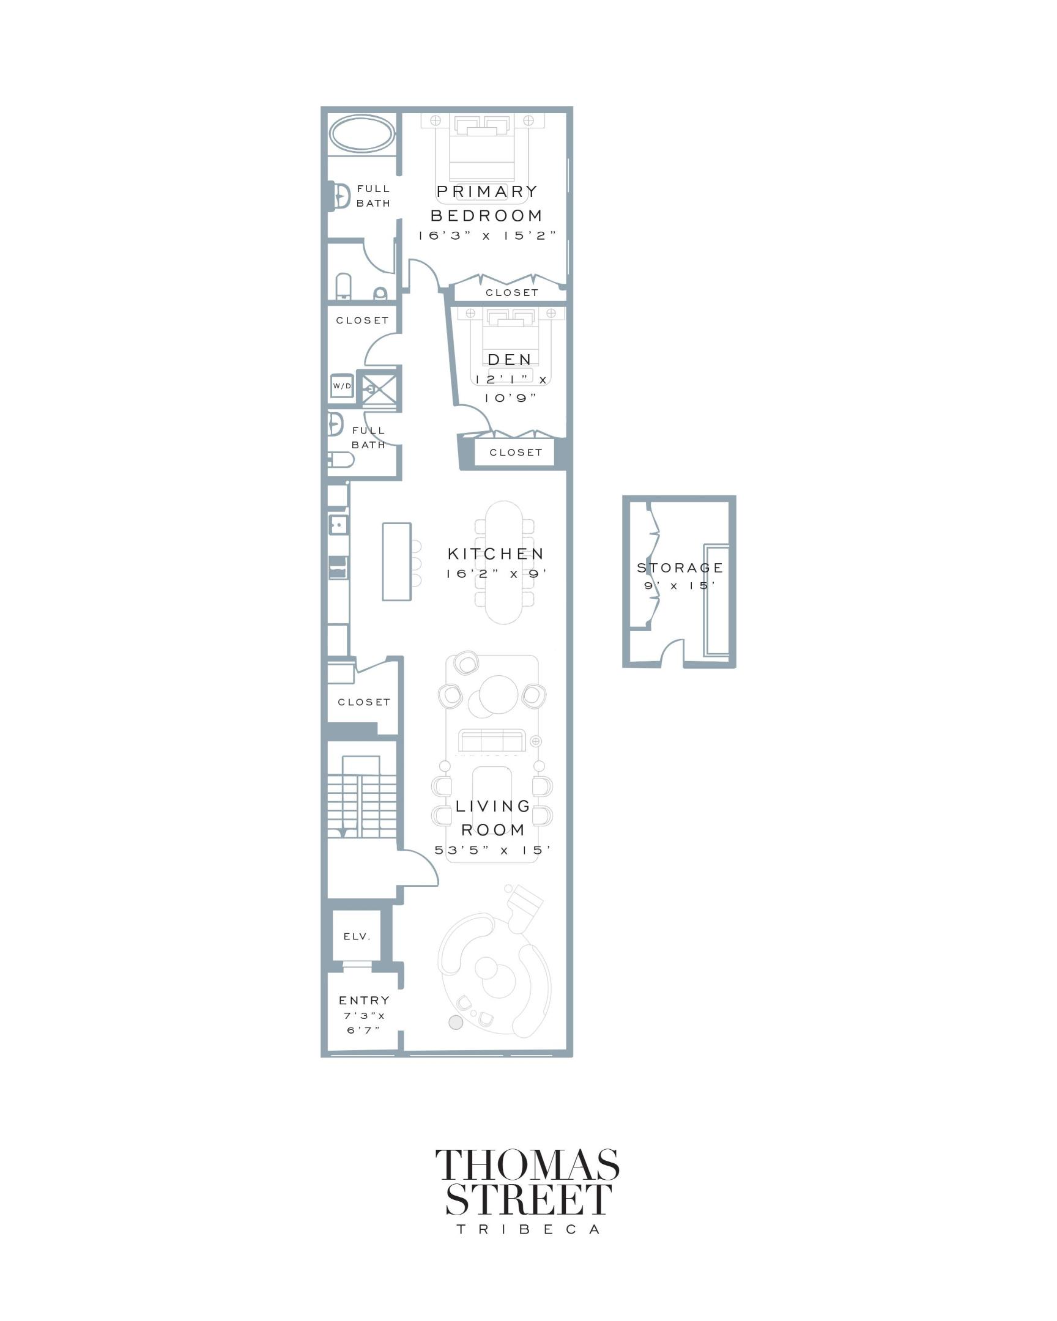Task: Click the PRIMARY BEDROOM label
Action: click(x=486, y=204)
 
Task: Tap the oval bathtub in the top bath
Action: click(x=362, y=133)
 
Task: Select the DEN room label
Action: click(x=509, y=360)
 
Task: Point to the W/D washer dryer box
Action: click(x=342, y=386)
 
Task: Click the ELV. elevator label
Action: click(x=357, y=936)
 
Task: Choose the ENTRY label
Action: click(x=364, y=1001)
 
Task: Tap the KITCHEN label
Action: click(x=495, y=554)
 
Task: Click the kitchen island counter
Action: click(x=396, y=561)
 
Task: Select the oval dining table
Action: click(x=503, y=563)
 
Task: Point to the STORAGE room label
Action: click(x=680, y=568)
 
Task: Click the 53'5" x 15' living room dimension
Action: click(x=492, y=851)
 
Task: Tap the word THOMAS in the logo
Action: click(x=527, y=1165)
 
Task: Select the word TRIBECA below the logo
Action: click(x=527, y=1230)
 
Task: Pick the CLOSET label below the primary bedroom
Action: click(x=511, y=293)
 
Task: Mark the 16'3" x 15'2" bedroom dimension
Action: click(x=487, y=236)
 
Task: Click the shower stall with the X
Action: click(x=379, y=388)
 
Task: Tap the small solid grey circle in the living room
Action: click(x=455, y=1022)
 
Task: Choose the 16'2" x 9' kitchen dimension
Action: click(x=495, y=574)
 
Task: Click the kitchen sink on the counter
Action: click(x=338, y=525)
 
